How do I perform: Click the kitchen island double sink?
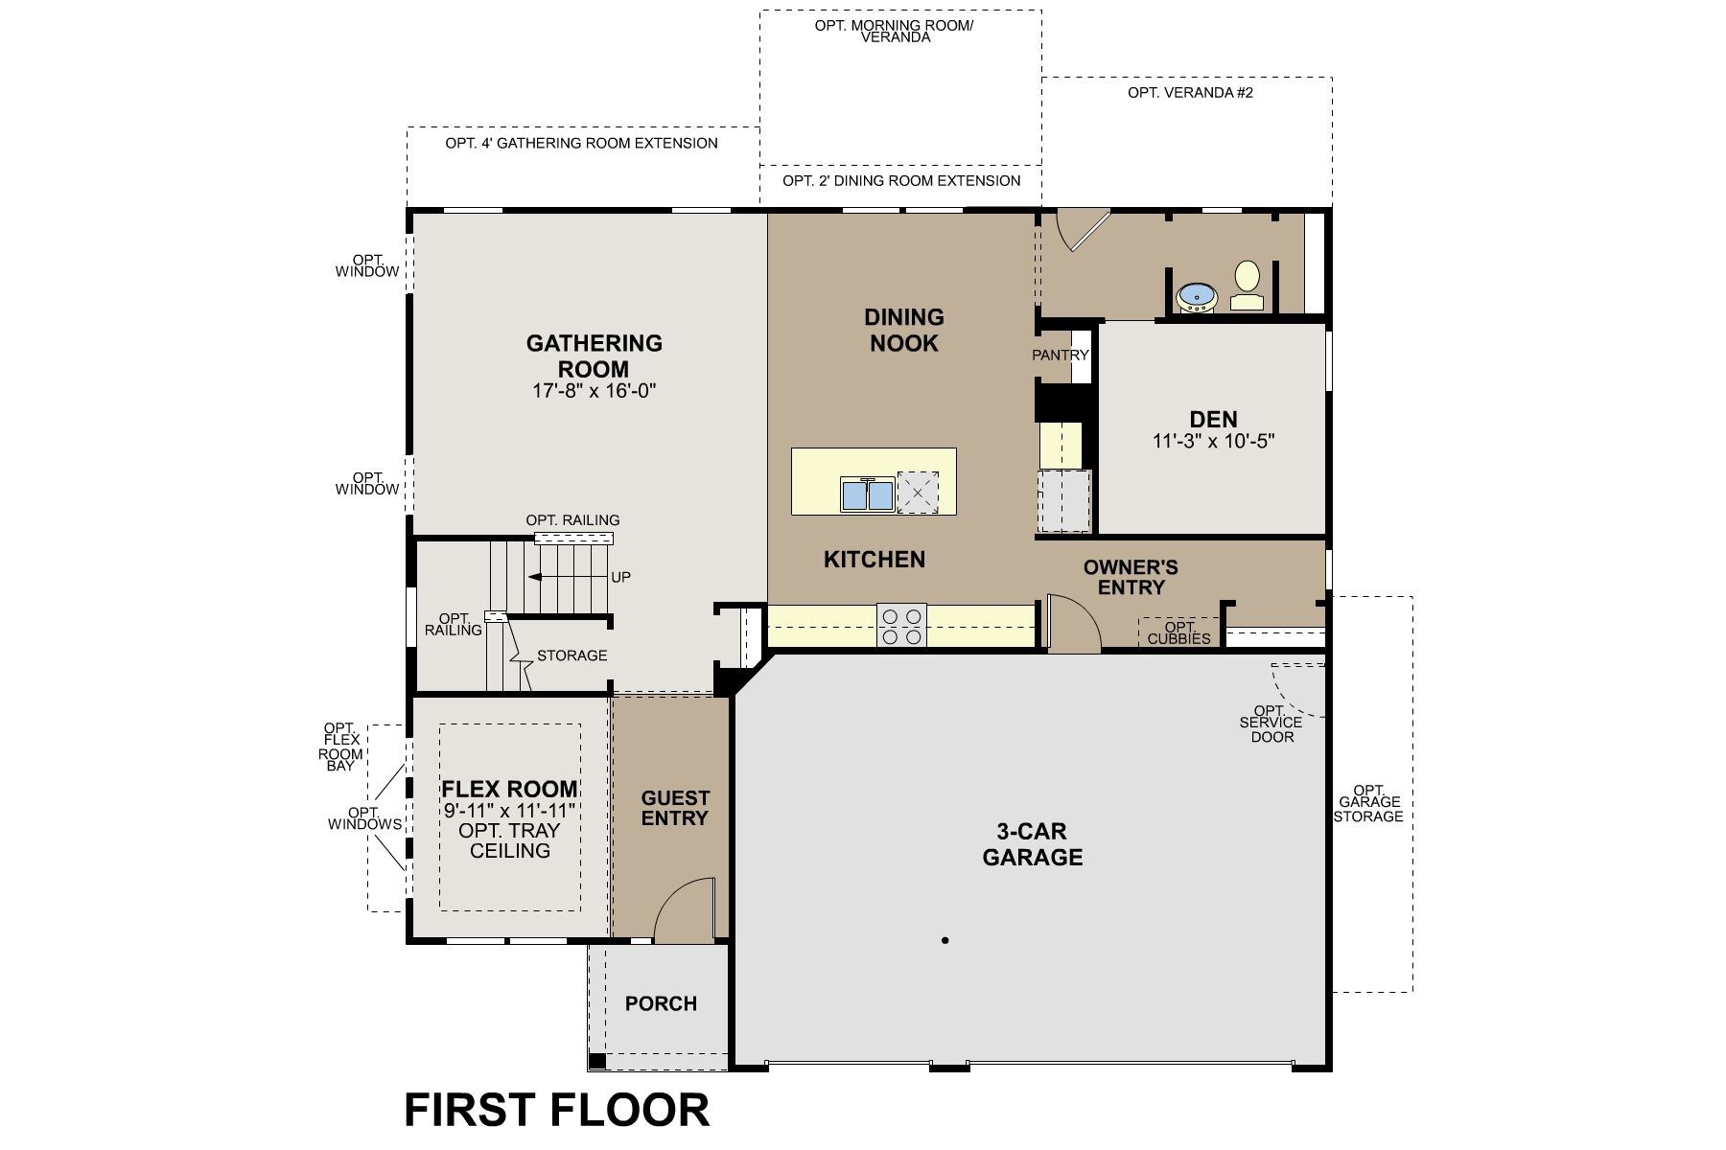(867, 494)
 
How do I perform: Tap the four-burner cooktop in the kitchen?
(901, 626)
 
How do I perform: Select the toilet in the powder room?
(1247, 285)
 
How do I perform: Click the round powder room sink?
(1196, 296)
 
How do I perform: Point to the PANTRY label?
(1061, 355)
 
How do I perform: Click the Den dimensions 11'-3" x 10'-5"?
(1213, 442)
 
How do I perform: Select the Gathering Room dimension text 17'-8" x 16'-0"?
(594, 391)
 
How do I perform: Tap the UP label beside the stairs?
(620, 577)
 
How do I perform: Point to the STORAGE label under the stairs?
(571, 655)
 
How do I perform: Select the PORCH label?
(661, 1003)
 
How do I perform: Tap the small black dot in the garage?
(945, 940)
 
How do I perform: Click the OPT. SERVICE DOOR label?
(1271, 724)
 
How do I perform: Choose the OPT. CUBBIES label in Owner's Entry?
(1178, 633)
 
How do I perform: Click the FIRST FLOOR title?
(556, 1110)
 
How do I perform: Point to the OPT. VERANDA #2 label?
(1190, 93)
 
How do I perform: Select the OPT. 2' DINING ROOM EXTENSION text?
(900, 180)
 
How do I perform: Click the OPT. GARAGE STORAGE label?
(1369, 803)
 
